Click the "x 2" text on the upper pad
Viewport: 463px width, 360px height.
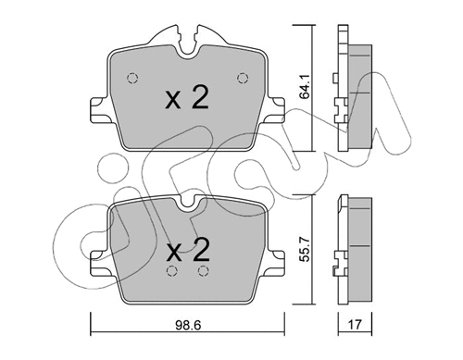tap(186, 100)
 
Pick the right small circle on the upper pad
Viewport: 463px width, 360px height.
tap(244, 78)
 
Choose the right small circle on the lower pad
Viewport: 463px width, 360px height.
tap(202, 272)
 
